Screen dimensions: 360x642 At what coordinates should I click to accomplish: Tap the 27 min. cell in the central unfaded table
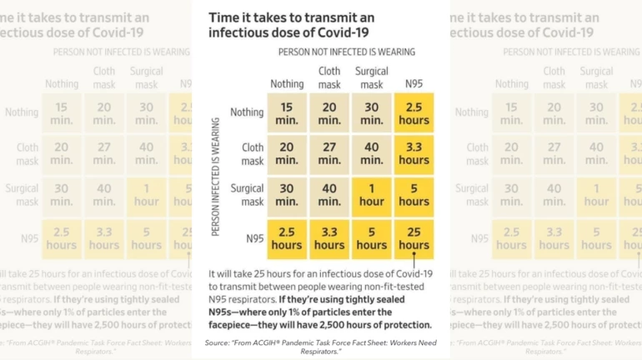coord(329,153)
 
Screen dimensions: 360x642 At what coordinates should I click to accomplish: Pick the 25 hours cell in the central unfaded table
coord(414,238)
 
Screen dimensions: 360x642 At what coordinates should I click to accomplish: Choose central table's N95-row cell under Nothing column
coord(287,238)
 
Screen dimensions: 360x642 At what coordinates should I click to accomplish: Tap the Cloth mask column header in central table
coord(329,77)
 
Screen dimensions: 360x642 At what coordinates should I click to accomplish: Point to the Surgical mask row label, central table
coord(247,195)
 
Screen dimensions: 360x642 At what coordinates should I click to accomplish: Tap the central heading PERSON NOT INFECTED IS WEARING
coord(346,52)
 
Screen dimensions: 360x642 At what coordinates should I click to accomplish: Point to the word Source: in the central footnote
coord(218,342)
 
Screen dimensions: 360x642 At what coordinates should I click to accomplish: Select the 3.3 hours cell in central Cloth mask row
coord(414,153)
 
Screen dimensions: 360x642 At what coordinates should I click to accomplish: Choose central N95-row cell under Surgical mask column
coord(372,238)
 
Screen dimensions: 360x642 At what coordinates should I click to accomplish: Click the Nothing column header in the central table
coord(287,83)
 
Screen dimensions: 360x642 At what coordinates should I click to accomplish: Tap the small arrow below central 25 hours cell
coord(414,258)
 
